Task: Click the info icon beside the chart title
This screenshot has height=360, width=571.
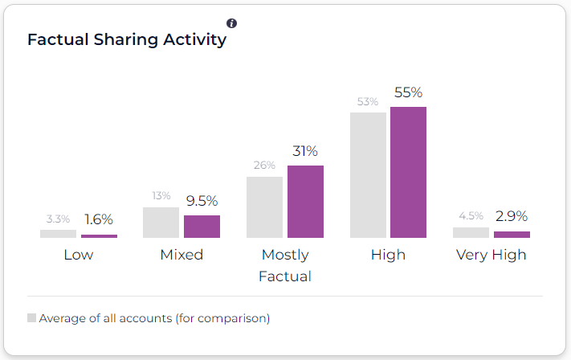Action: tap(232, 23)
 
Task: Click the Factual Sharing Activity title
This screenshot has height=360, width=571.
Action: tap(127, 39)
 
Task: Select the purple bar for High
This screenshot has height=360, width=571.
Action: tap(408, 172)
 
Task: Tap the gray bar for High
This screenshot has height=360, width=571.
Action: tap(368, 175)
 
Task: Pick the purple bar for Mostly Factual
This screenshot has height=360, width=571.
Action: tap(305, 202)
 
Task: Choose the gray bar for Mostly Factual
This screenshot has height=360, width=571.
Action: tap(264, 207)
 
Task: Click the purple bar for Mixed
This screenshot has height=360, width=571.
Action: tap(202, 227)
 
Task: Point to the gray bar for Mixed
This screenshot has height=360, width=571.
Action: tap(161, 223)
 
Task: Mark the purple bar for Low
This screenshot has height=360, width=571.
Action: tap(99, 236)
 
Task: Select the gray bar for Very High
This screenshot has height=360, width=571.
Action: tap(471, 232)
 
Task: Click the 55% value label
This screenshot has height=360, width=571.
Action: tap(408, 92)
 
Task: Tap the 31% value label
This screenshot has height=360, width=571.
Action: tap(305, 151)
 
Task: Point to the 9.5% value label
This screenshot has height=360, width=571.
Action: tap(202, 201)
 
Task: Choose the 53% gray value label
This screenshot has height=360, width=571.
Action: tap(368, 102)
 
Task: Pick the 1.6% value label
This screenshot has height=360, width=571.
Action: tap(99, 219)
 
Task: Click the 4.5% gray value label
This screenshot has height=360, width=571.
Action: tap(471, 216)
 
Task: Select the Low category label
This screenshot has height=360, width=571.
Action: tap(79, 256)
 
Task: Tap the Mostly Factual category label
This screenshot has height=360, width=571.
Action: tap(285, 266)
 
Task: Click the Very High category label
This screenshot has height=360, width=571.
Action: tap(491, 256)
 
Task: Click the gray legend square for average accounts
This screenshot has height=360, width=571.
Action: tap(32, 318)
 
